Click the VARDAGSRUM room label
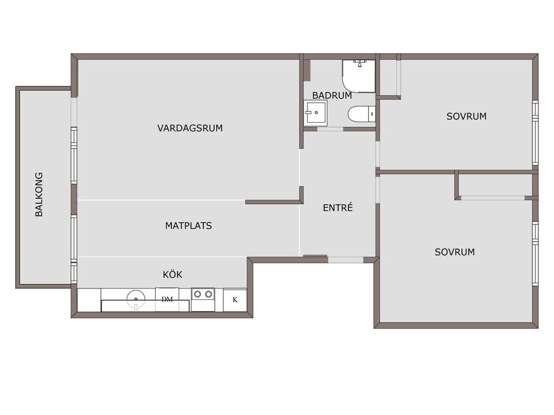pos(190,128)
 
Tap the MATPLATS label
pos(189,226)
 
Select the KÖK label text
pos(173,274)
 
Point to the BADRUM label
pos(332,95)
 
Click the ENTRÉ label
pos(338,207)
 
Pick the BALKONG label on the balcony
pos(39,195)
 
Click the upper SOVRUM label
pos(466,117)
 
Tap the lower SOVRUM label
pos(454,252)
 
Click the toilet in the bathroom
pos(361,114)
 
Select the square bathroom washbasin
pos(315,112)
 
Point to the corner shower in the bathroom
pos(359,76)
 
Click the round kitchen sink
pos(136,299)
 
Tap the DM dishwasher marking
pos(167,299)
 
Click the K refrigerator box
pos(235,300)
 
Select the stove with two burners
pos(203,299)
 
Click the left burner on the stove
pos(197,294)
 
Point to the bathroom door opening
pos(330,129)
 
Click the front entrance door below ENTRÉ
pos(346,260)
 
